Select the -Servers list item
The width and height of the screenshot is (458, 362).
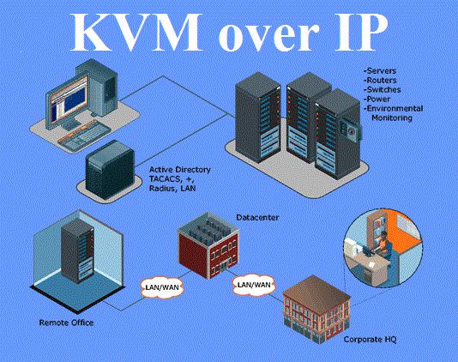pyautogui.click(x=380, y=71)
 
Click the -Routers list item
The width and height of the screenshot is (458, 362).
pyautogui.click(x=380, y=81)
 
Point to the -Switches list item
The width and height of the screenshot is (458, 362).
pyautogui.click(x=382, y=90)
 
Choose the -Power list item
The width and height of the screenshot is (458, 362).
pyautogui.click(x=377, y=99)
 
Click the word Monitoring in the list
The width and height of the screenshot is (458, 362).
pyautogui.click(x=392, y=118)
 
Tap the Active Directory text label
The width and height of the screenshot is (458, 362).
pyautogui.click(x=179, y=170)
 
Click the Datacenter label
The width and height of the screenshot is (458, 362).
pyautogui.click(x=257, y=217)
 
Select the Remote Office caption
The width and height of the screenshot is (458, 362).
pyautogui.click(x=66, y=323)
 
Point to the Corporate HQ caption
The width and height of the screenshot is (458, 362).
pyautogui.click(x=370, y=340)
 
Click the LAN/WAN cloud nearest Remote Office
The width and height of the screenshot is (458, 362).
pyautogui.click(x=162, y=287)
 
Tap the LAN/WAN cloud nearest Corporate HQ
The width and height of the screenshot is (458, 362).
pyautogui.click(x=254, y=285)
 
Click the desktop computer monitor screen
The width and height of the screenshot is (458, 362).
pyautogui.click(x=69, y=99)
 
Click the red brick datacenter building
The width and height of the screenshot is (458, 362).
pyautogui.click(x=208, y=245)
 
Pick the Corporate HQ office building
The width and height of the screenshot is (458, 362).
pyautogui.click(x=317, y=310)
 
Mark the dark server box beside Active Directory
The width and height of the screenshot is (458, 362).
pyautogui.click(x=110, y=170)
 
